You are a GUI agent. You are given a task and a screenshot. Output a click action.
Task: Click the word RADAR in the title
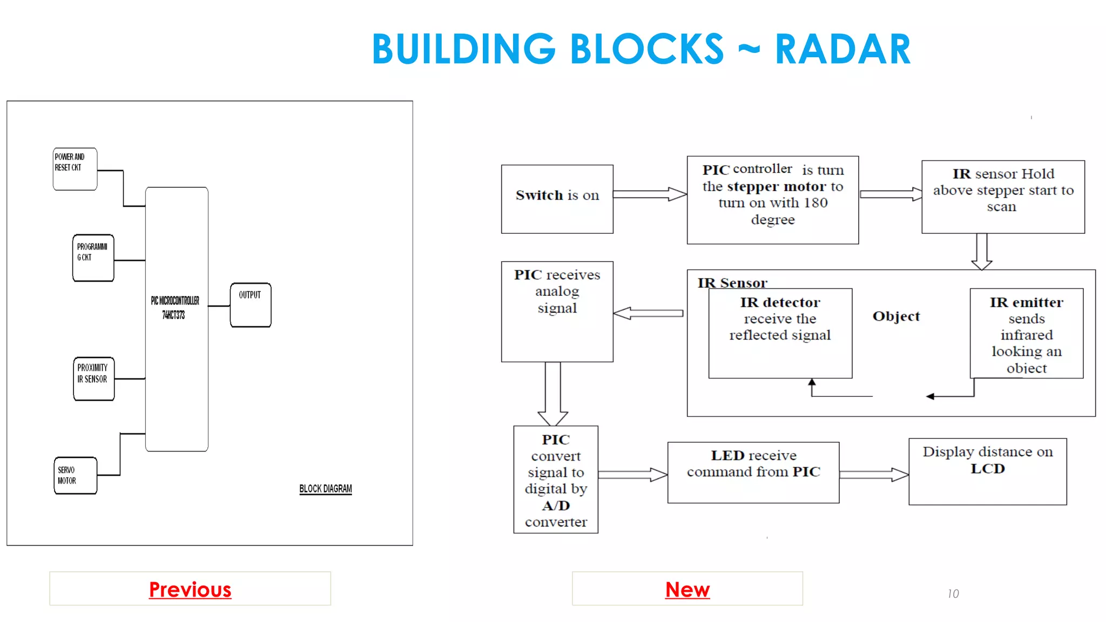click(842, 50)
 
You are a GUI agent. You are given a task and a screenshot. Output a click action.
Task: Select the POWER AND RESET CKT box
click(75, 168)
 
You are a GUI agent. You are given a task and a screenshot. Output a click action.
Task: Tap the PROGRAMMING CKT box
click(93, 258)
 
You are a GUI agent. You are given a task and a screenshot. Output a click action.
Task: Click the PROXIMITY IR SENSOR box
click(93, 378)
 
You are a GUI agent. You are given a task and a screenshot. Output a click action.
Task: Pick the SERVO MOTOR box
click(75, 475)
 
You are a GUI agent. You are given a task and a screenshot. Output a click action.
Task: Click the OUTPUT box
click(251, 305)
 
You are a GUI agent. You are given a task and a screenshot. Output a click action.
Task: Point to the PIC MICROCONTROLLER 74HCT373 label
click(175, 307)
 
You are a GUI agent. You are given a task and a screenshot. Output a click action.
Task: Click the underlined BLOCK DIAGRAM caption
click(325, 489)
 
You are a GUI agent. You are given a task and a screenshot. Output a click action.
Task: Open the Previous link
click(190, 589)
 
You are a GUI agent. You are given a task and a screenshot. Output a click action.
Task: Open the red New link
click(687, 589)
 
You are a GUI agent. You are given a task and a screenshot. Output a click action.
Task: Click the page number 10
click(953, 593)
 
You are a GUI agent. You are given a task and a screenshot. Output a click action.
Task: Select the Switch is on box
click(557, 199)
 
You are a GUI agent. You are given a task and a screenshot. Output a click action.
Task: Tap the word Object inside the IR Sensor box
click(895, 316)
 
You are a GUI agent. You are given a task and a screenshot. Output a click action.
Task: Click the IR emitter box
click(1026, 334)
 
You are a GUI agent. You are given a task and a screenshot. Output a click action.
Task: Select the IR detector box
click(780, 333)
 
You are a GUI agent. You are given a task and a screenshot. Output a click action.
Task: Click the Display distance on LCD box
click(987, 471)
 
